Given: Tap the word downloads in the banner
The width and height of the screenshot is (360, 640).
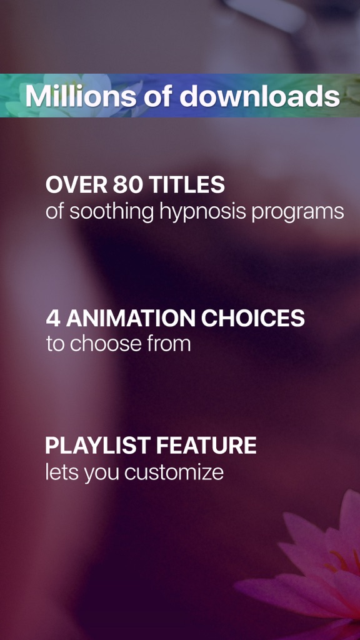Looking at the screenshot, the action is (259, 96).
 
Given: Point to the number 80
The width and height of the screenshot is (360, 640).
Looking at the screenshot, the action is (127, 185).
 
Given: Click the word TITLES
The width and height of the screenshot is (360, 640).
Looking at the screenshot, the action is (186, 185).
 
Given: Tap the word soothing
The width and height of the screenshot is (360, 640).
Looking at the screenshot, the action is (111, 212).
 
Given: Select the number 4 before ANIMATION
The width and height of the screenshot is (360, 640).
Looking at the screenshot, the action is (53, 318).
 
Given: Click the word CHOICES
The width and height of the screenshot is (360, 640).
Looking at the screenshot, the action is (253, 318).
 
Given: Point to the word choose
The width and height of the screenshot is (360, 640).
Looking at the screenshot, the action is (107, 344).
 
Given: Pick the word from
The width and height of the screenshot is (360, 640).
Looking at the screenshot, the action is (170, 344).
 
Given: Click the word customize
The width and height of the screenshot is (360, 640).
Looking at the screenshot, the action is (174, 472).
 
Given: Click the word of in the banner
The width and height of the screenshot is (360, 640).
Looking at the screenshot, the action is (158, 96).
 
